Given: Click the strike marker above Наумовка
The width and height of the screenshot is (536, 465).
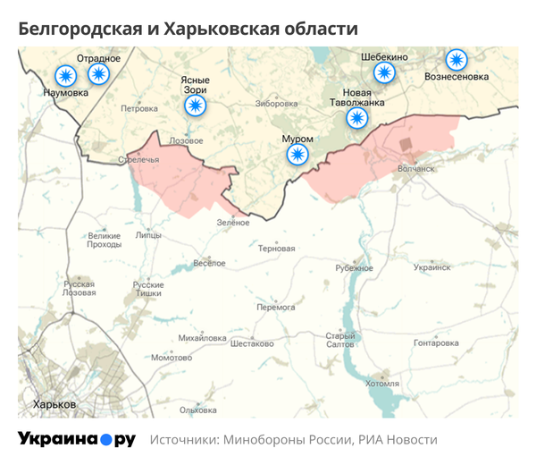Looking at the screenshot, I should point(65,75).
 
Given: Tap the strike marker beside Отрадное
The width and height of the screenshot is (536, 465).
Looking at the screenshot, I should point(97,74).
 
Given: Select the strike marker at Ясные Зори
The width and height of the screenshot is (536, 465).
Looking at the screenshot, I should point(194,106).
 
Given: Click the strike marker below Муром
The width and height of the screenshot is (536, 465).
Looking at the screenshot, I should point(297,156).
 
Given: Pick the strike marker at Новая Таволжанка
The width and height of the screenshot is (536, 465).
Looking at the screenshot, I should point(357,119).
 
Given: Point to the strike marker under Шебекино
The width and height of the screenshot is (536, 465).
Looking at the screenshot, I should point(384,73).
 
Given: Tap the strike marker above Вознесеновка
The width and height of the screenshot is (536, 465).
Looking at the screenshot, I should point(456,60).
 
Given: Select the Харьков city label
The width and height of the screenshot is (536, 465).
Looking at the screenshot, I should point(54,404).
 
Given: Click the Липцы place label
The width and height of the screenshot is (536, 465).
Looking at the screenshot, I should point(148,235).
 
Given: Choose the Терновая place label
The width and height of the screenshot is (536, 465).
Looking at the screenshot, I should point(276,249).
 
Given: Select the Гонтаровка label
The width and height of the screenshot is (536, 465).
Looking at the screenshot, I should point(436,342).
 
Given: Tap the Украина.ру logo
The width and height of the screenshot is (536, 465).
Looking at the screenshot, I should point(77,439).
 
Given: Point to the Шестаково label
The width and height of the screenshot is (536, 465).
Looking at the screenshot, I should point(252,343).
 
